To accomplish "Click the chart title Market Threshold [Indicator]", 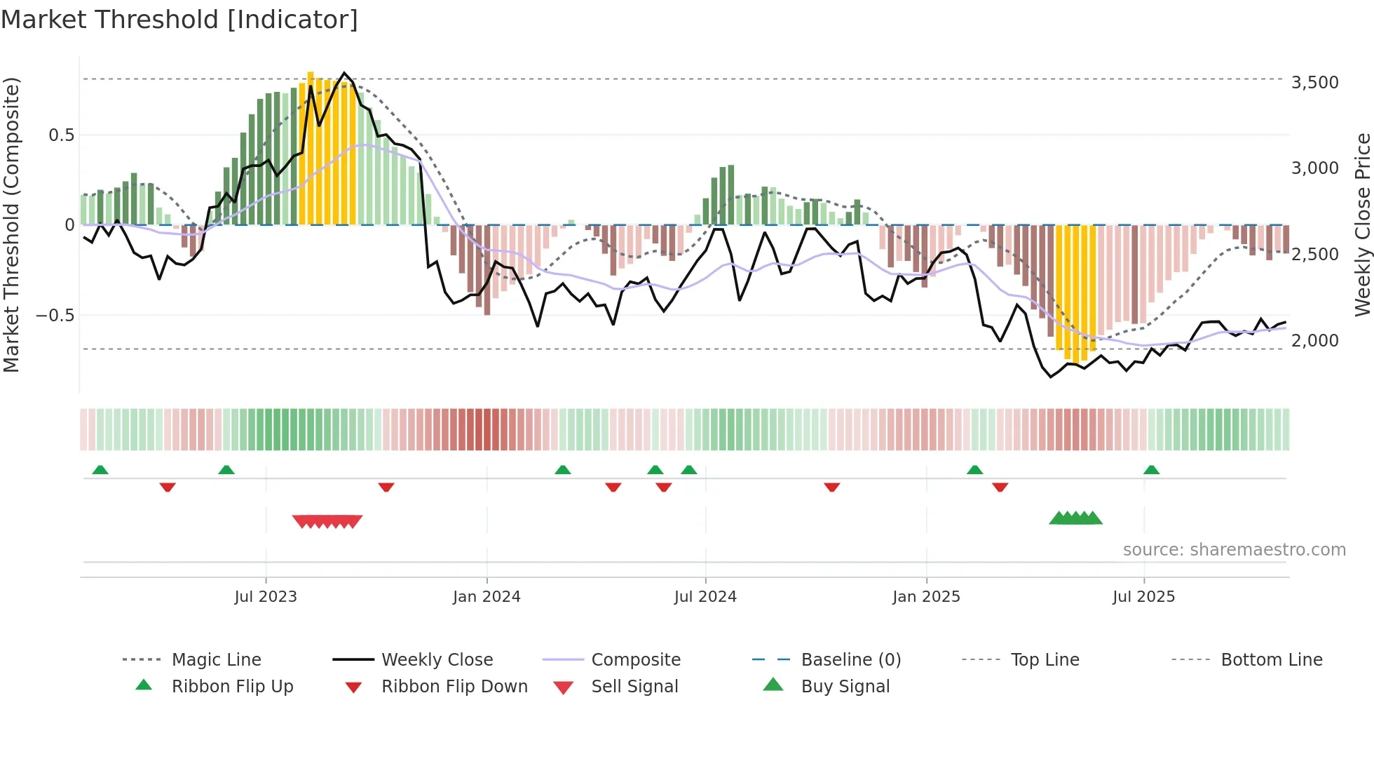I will coord(179,20).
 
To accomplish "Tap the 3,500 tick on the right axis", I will coord(1314,83).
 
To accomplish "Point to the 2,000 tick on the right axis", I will coord(1314,341).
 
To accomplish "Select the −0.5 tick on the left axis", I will coord(55,316).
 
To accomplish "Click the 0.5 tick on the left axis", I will coord(61,135).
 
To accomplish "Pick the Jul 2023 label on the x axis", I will coord(266,597).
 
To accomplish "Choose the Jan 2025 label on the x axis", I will coord(926,597).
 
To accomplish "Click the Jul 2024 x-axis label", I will coord(705,597).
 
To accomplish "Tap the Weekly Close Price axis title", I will coord(1362,224).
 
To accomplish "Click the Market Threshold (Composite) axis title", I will coord(11,224).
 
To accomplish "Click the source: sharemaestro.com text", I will coord(1234,550).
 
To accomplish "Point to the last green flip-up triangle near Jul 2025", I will coord(1151,470).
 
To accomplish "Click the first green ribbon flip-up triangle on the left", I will coord(100,470).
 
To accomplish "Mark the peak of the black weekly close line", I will coord(343,73).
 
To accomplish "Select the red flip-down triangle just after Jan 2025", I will coord(1000,487).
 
